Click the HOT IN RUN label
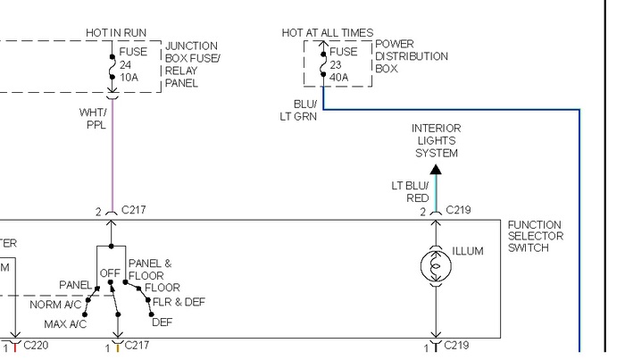[115, 33]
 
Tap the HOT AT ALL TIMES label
[328, 33]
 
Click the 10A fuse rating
[130, 77]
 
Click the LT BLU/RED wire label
[410, 192]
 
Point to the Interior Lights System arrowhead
[436, 168]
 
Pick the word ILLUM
[468, 251]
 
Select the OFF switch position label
[110, 272]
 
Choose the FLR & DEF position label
[179, 302]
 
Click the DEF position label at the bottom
[162, 322]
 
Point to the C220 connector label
[37, 345]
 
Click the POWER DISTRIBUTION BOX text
[411, 56]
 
